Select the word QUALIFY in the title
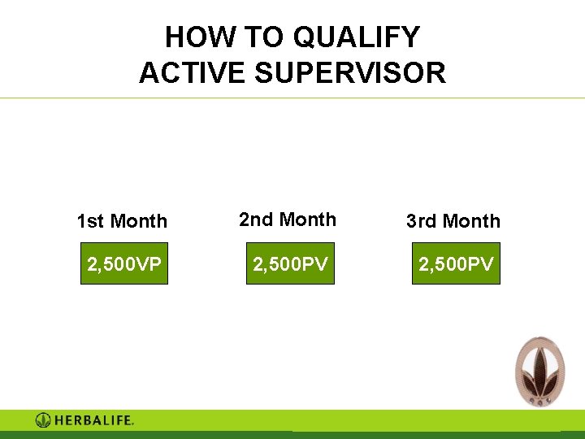pyautogui.click(x=356, y=37)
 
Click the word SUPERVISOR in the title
pyautogui.click(x=351, y=73)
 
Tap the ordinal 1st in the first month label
pyautogui.click(x=90, y=221)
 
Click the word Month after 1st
pyautogui.click(x=138, y=221)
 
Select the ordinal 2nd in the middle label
pyautogui.click(x=256, y=219)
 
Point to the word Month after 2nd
pyautogui.click(x=305, y=219)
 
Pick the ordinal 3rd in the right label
pyautogui.click(x=422, y=221)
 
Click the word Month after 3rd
pyautogui.click(x=470, y=221)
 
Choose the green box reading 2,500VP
pyautogui.click(x=123, y=263)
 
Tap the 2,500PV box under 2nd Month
pyautogui.click(x=290, y=263)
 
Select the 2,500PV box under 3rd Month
pyautogui.click(x=456, y=263)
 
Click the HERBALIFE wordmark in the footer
pyautogui.click(x=93, y=420)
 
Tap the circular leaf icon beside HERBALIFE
pyautogui.click(x=43, y=420)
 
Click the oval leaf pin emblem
pyautogui.click(x=539, y=370)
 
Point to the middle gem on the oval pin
pyautogui.click(x=539, y=398)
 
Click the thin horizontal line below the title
pyautogui.click(x=292, y=98)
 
